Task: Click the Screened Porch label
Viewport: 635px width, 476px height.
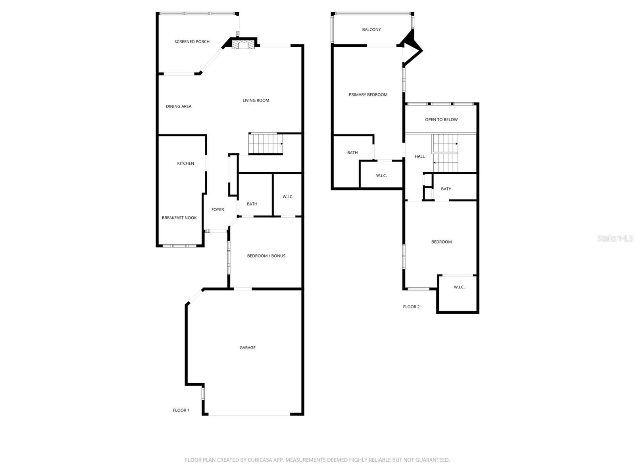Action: (192, 42)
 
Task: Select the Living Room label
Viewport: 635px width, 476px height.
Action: (256, 100)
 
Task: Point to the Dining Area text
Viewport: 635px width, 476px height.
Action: (179, 106)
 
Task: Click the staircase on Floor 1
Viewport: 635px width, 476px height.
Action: (266, 144)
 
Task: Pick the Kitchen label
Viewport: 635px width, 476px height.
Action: (185, 163)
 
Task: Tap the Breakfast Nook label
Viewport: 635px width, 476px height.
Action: (179, 218)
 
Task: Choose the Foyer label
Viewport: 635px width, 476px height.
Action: (217, 209)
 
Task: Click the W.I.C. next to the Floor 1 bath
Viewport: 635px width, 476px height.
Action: (288, 197)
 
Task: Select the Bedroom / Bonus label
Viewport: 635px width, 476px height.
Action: (266, 256)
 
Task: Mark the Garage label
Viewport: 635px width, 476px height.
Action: (247, 348)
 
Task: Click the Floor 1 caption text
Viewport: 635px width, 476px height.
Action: (181, 410)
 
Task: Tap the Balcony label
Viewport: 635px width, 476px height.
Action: (371, 30)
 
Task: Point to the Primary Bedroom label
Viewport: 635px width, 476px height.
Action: (368, 95)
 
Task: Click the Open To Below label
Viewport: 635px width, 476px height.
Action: (441, 119)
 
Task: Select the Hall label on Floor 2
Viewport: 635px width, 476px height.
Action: (419, 156)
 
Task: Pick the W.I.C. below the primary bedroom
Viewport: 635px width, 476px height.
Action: (381, 176)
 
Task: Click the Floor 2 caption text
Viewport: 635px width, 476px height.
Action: (411, 307)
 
